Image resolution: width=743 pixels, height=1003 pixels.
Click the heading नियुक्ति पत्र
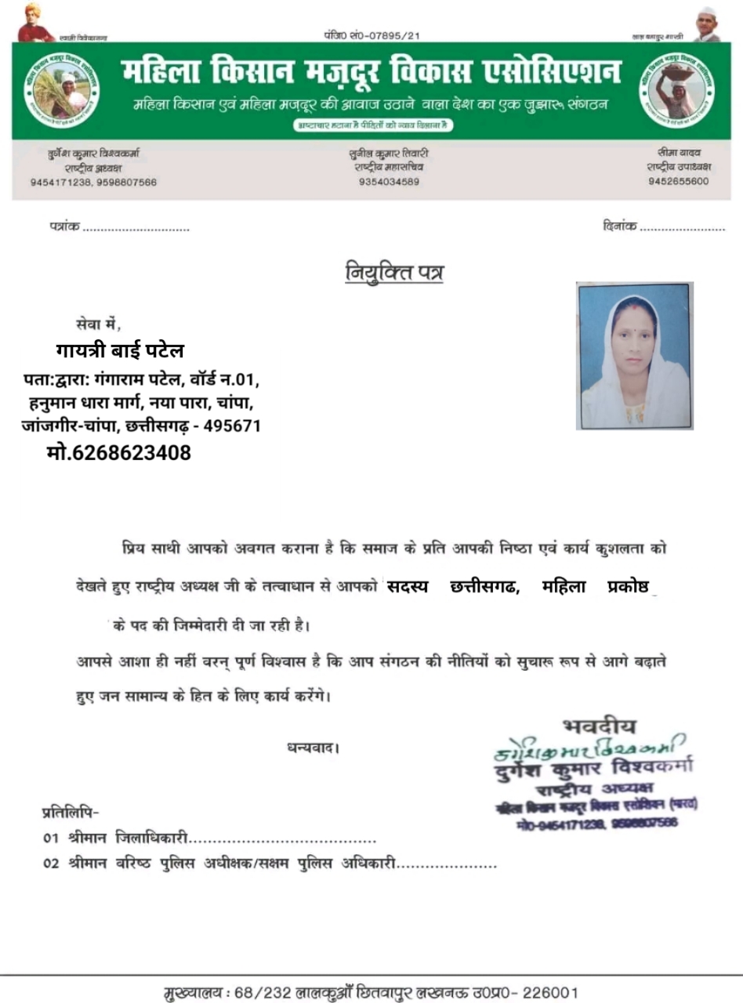(394, 273)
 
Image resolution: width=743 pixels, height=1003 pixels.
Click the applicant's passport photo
(634, 356)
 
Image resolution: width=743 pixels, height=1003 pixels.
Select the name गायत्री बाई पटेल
(120, 350)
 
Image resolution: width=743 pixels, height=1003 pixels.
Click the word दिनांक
(620, 227)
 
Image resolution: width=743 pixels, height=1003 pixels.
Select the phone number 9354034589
(390, 182)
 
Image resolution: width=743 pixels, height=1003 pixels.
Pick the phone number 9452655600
(678, 181)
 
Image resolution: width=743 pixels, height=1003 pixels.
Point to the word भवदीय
(600, 726)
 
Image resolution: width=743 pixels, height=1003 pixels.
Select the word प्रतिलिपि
(70, 812)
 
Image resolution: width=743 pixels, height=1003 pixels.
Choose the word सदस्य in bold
(408, 587)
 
